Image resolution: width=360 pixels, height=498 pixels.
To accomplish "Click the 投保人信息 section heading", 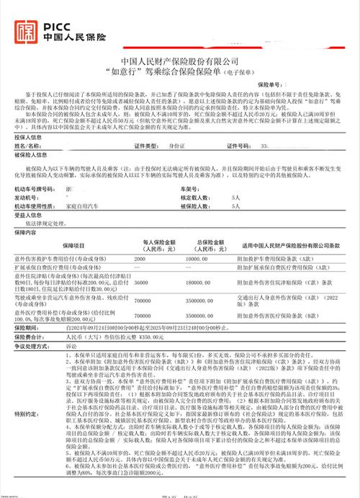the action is click(x=29, y=136).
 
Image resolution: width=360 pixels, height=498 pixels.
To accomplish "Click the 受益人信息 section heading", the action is click(x=29, y=214).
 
